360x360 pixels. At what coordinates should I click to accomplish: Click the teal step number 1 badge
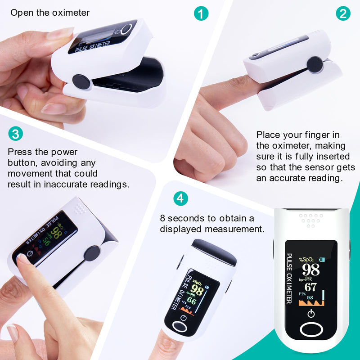[201, 13]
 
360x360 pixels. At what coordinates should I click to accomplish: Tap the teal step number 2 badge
[343, 13]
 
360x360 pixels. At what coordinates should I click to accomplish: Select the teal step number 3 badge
[15, 134]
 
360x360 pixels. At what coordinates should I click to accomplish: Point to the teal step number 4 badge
[180, 198]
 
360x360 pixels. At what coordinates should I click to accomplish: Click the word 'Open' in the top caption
[21, 13]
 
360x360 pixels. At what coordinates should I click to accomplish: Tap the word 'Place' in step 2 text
[268, 135]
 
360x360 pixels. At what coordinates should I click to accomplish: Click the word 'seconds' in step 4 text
[188, 218]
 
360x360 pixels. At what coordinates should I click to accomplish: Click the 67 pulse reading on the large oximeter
[310, 287]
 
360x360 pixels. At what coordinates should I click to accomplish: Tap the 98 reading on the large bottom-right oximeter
[310, 270]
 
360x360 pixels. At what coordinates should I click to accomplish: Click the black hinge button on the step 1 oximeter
[81, 81]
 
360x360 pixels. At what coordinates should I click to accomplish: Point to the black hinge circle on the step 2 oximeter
[315, 65]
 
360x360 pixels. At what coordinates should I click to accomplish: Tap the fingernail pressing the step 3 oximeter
[22, 259]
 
